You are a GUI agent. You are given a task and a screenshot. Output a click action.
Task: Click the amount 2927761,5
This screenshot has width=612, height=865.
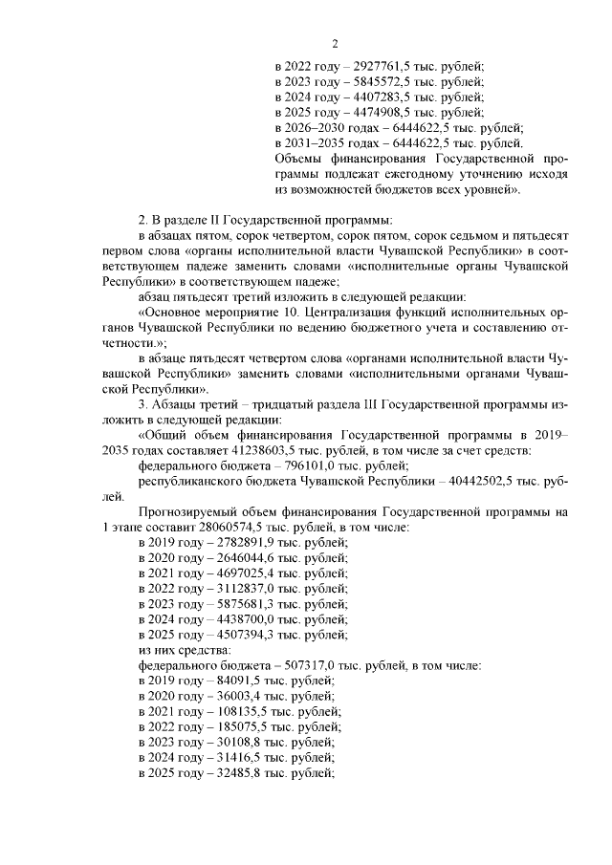point(381,66)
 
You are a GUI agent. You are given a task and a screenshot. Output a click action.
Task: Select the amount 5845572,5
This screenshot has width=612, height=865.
point(381,81)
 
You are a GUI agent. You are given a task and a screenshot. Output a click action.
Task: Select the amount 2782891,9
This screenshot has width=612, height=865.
point(243,542)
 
